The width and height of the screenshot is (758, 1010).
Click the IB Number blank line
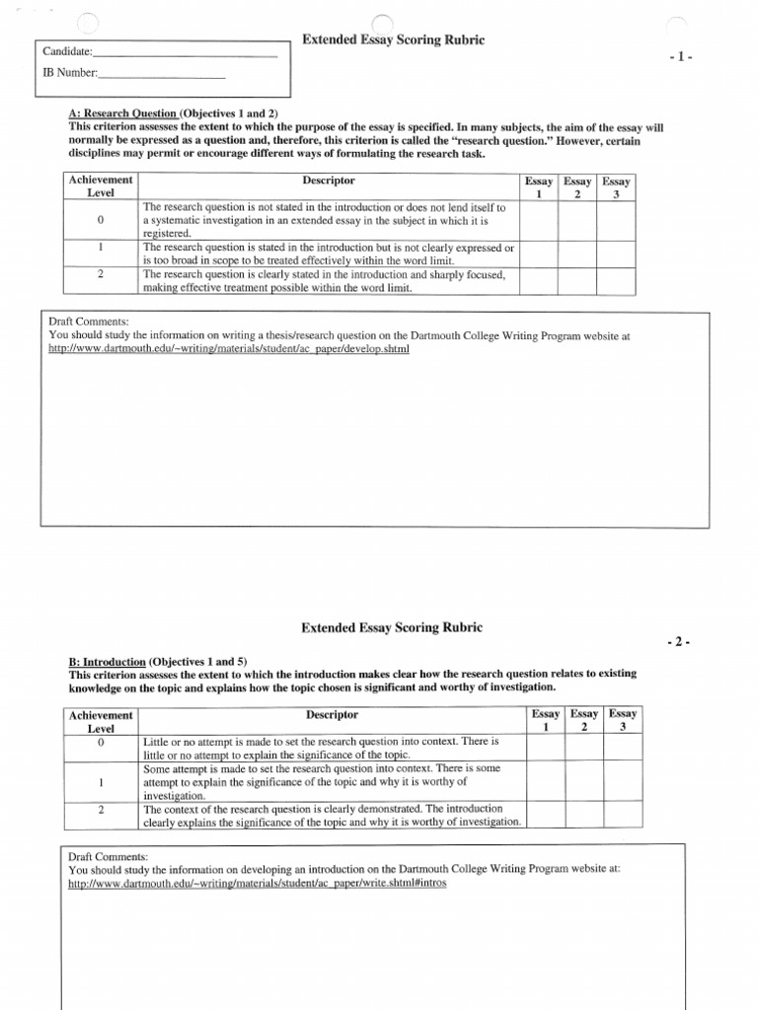coord(162,76)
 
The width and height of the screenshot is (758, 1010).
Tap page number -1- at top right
coord(681,57)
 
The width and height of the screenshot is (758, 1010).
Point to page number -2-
coord(681,642)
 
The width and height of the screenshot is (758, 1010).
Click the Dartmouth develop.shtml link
coord(228,348)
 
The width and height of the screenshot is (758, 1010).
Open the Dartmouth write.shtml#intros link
coord(257,883)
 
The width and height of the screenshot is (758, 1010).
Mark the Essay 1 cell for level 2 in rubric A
coord(539,281)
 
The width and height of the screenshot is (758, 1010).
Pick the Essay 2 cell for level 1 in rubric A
coord(577,253)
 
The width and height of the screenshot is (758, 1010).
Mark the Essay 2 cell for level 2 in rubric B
coord(584,814)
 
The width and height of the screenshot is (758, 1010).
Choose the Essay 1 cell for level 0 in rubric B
coord(546,748)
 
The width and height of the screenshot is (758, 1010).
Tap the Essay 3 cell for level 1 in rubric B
coord(622,780)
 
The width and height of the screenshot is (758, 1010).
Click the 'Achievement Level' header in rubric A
coord(101,186)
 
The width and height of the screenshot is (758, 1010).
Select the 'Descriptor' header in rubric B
coord(332,714)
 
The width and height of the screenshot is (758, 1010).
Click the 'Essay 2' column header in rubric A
coord(577,187)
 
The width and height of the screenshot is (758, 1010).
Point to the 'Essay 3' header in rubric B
coord(622,720)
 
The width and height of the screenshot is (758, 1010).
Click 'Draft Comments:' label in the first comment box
coord(89,323)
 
